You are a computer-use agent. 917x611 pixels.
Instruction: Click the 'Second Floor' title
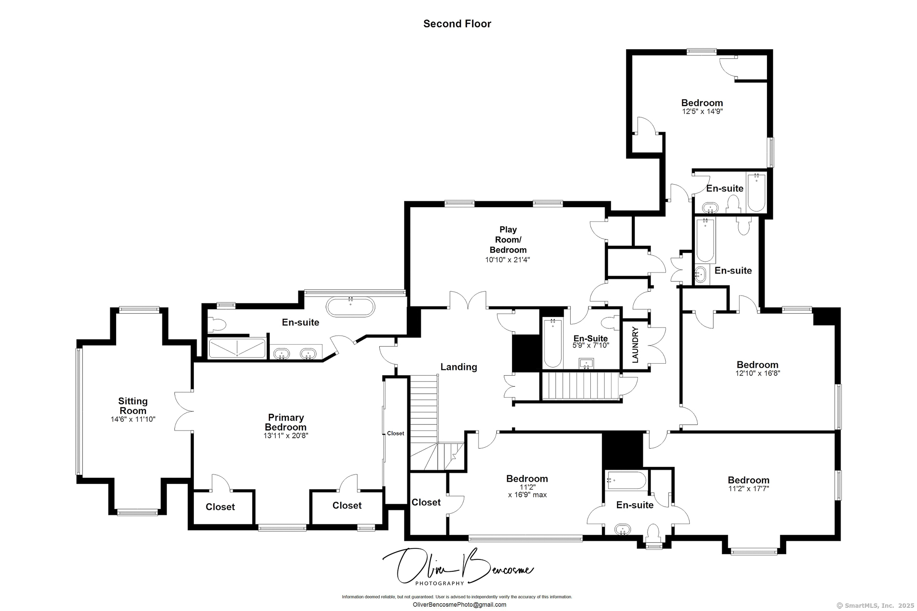457,24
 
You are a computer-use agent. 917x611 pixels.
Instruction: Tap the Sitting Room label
133,406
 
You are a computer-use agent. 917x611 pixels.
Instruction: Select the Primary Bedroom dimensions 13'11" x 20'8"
286,436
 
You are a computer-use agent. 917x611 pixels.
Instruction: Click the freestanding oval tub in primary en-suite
351,307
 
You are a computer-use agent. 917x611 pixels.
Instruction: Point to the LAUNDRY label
635,345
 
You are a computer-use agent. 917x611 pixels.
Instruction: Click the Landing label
458,367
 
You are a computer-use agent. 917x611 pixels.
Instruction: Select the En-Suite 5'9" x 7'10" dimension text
591,345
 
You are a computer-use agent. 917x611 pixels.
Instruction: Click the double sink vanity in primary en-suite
295,354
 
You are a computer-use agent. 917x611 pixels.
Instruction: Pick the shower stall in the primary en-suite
237,348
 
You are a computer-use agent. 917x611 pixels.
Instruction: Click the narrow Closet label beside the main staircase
395,433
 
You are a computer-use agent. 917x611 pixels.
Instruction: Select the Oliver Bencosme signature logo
458,567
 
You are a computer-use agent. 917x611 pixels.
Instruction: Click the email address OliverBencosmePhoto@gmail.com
459,605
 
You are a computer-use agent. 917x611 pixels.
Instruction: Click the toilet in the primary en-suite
217,325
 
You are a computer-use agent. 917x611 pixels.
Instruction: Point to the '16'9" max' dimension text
527,495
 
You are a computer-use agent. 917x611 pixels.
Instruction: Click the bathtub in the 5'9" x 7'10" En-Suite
553,343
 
